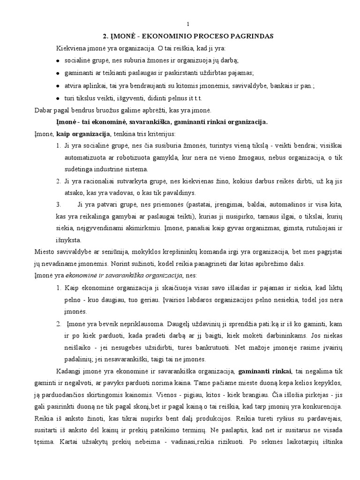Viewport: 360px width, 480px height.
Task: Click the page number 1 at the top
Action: tap(188, 24)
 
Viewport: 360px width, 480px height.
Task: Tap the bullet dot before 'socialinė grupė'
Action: tap(58, 61)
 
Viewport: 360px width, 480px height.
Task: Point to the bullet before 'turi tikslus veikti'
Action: tap(58, 98)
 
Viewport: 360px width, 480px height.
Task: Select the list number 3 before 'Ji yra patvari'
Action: tap(58, 205)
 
